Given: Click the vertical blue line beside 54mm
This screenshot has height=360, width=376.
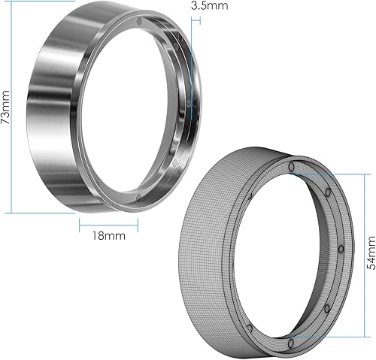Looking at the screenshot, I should tap(350, 256).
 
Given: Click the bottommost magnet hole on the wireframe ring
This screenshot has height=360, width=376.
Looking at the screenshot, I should tap(290, 343).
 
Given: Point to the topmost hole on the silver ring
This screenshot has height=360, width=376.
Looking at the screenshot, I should tap(141, 22).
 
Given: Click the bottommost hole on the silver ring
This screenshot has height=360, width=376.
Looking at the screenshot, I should tap(139, 198).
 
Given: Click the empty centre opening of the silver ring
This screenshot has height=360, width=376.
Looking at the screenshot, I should tap(143, 109).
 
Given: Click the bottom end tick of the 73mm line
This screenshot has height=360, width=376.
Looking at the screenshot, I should tap(13, 213).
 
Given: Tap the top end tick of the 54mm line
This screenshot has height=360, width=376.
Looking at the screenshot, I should tap(350, 174).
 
